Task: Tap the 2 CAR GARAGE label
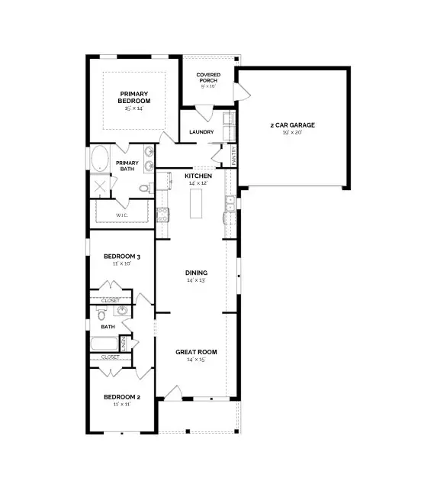pos(291,124)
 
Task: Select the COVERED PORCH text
pos(208,78)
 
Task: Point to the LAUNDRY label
pos(201,132)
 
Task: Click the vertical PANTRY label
pos(234,156)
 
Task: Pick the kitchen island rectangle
pos(194,203)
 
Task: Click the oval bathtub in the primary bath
pos(100,160)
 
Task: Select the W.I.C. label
pos(121,215)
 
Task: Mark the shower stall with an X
pos(100,187)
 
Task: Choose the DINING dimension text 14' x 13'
pos(196,281)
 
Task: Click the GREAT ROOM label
pos(196,352)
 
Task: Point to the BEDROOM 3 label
pos(122,256)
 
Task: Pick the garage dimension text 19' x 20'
pos(291,133)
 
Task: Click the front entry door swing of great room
pos(174,392)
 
